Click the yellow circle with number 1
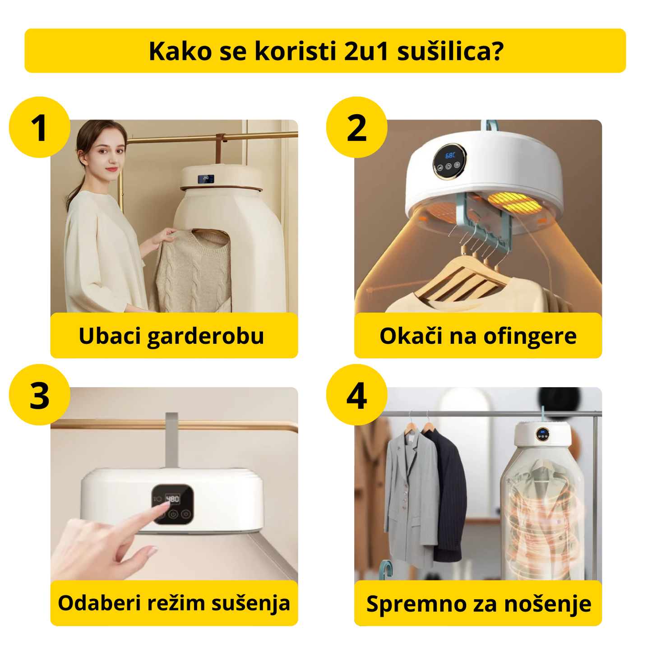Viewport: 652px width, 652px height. coord(40,127)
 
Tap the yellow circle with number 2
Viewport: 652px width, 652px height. coord(356,127)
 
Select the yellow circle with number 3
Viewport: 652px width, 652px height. coord(40,395)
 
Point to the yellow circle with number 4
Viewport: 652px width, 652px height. coord(356,395)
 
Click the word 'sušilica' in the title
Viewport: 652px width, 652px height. coord(450,51)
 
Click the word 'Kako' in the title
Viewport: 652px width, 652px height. coord(180,51)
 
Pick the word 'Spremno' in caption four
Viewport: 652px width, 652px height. coord(404,604)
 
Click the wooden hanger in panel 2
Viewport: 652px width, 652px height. coord(460,280)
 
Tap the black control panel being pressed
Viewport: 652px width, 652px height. coord(173,504)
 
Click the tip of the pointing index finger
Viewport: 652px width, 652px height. coord(161,509)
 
